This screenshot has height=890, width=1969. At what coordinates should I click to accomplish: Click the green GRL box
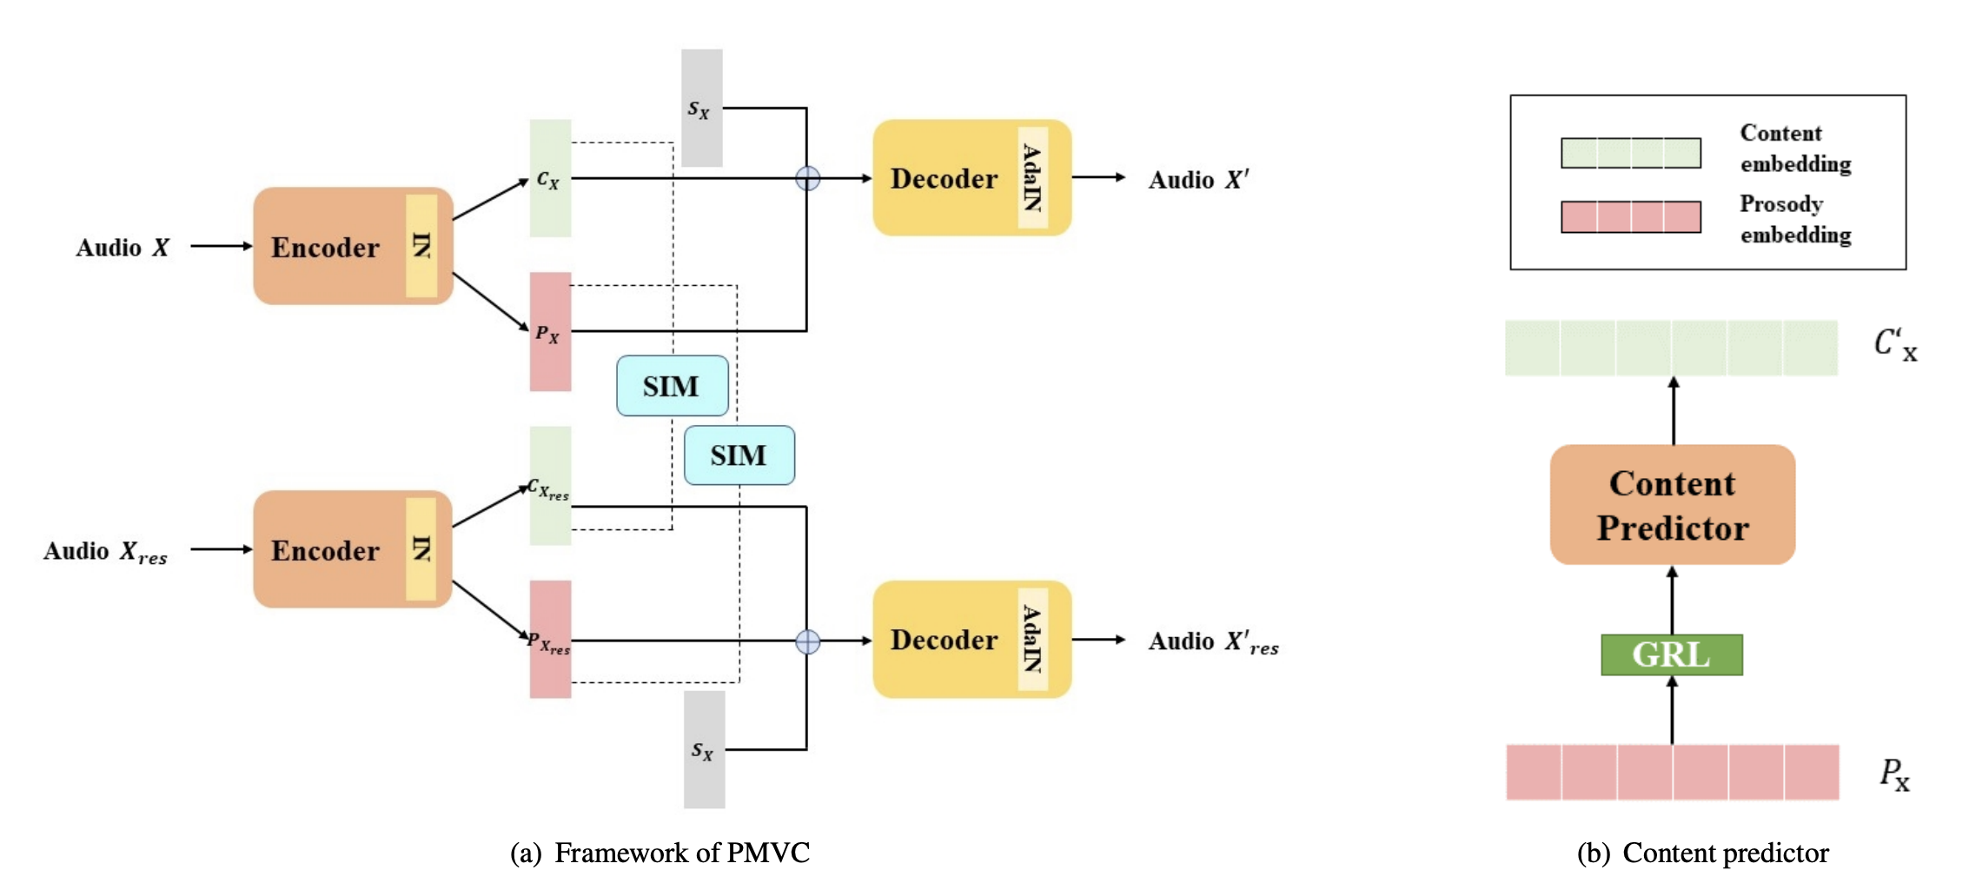point(1671,654)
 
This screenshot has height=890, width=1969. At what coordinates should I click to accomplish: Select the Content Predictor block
point(1672,505)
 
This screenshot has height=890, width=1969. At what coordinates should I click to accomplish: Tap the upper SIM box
point(672,385)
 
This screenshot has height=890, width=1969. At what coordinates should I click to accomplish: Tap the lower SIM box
point(739,455)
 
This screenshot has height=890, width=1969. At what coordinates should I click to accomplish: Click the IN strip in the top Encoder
point(421,246)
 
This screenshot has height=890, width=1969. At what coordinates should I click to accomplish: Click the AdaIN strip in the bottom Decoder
point(1032,640)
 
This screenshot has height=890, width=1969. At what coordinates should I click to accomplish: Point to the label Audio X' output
point(1198,179)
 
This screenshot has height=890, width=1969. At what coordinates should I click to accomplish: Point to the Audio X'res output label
point(1213,642)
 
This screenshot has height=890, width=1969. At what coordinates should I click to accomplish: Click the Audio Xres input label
point(105,552)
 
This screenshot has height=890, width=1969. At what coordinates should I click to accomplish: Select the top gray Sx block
point(701,108)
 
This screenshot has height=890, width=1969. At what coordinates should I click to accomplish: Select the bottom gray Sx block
point(704,749)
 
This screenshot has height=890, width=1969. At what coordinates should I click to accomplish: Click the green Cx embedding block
point(550,178)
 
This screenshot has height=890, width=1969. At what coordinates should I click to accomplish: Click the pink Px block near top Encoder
point(550,332)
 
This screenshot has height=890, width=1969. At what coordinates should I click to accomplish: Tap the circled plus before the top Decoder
point(807,178)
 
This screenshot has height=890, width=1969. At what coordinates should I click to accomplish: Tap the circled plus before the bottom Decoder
point(807,641)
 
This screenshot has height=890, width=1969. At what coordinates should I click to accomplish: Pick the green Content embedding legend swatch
point(1630,153)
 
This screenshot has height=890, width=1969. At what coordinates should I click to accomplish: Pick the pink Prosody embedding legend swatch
point(1630,217)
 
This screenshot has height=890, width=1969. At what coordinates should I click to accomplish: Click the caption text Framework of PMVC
point(681,853)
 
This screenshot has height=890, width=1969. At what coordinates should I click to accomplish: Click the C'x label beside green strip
point(1894,343)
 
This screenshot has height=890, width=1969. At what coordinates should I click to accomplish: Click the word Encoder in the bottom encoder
point(325,550)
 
